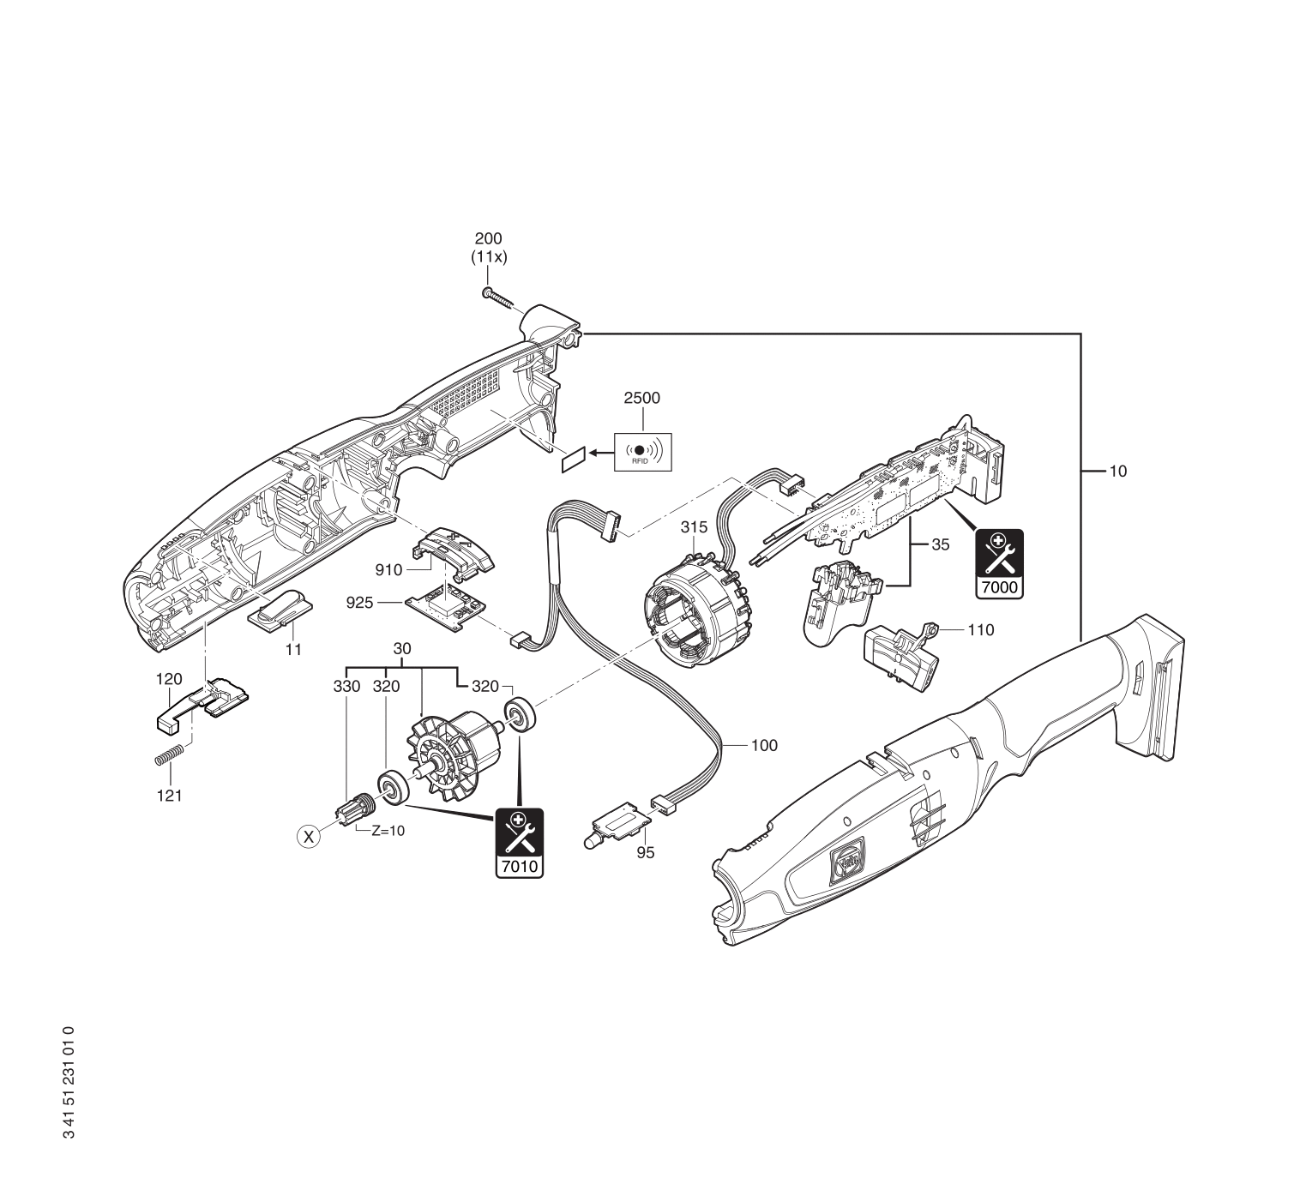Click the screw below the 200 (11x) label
pyautogui.click(x=498, y=299)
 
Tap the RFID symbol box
pyautogui.click(x=643, y=451)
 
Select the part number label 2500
pyautogui.click(x=642, y=399)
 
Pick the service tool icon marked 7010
pyautogui.click(x=519, y=843)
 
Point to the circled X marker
pyautogui.click(x=308, y=835)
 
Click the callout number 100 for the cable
pyautogui.click(x=764, y=745)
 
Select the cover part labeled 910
pyautogui.click(x=454, y=549)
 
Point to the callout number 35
pyautogui.click(x=941, y=544)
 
